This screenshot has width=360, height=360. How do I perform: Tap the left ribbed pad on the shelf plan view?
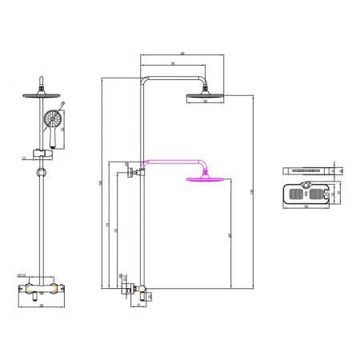pyautogui.click(x=298, y=193)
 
